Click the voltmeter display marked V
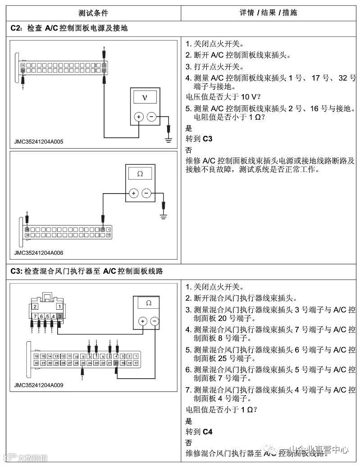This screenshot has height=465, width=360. click(145, 97)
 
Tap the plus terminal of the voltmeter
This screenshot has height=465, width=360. click(139, 117)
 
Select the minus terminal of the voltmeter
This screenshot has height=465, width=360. click(151, 117)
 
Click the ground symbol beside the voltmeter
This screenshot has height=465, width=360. click(169, 140)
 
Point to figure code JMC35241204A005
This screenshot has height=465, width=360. click(39, 142)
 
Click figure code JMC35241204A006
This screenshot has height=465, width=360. click(39, 253)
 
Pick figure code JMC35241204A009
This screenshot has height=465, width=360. click(39, 385)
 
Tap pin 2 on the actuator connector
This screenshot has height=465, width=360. click(34, 307)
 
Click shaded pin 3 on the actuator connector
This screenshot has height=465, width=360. click(59, 317)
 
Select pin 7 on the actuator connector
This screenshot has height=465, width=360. click(34, 317)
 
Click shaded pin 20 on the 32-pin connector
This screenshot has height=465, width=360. click(116, 362)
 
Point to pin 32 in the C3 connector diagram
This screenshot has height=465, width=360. click(36, 362)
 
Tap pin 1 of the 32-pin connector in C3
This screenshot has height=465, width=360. click(136, 356)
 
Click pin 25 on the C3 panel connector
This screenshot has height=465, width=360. click(82, 362)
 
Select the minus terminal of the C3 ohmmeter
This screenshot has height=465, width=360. click(155, 321)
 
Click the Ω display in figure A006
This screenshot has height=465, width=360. click(140, 173)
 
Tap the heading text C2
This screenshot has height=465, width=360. click(16, 28)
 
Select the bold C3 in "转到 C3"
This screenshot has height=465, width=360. click(208, 139)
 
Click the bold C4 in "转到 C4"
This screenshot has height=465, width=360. click(208, 432)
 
